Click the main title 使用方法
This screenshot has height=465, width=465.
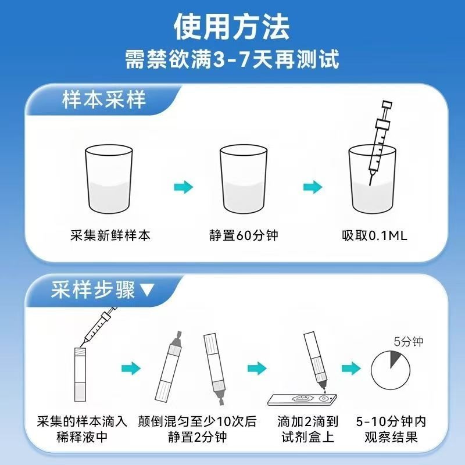(233, 26)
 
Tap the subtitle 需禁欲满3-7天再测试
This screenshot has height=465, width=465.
(233, 59)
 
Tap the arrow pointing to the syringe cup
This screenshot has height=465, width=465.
(313, 187)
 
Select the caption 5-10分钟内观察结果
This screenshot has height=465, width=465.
(395, 429)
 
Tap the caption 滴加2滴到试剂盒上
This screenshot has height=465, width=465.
(307, 429)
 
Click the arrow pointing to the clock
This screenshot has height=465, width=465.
(350, 368)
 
